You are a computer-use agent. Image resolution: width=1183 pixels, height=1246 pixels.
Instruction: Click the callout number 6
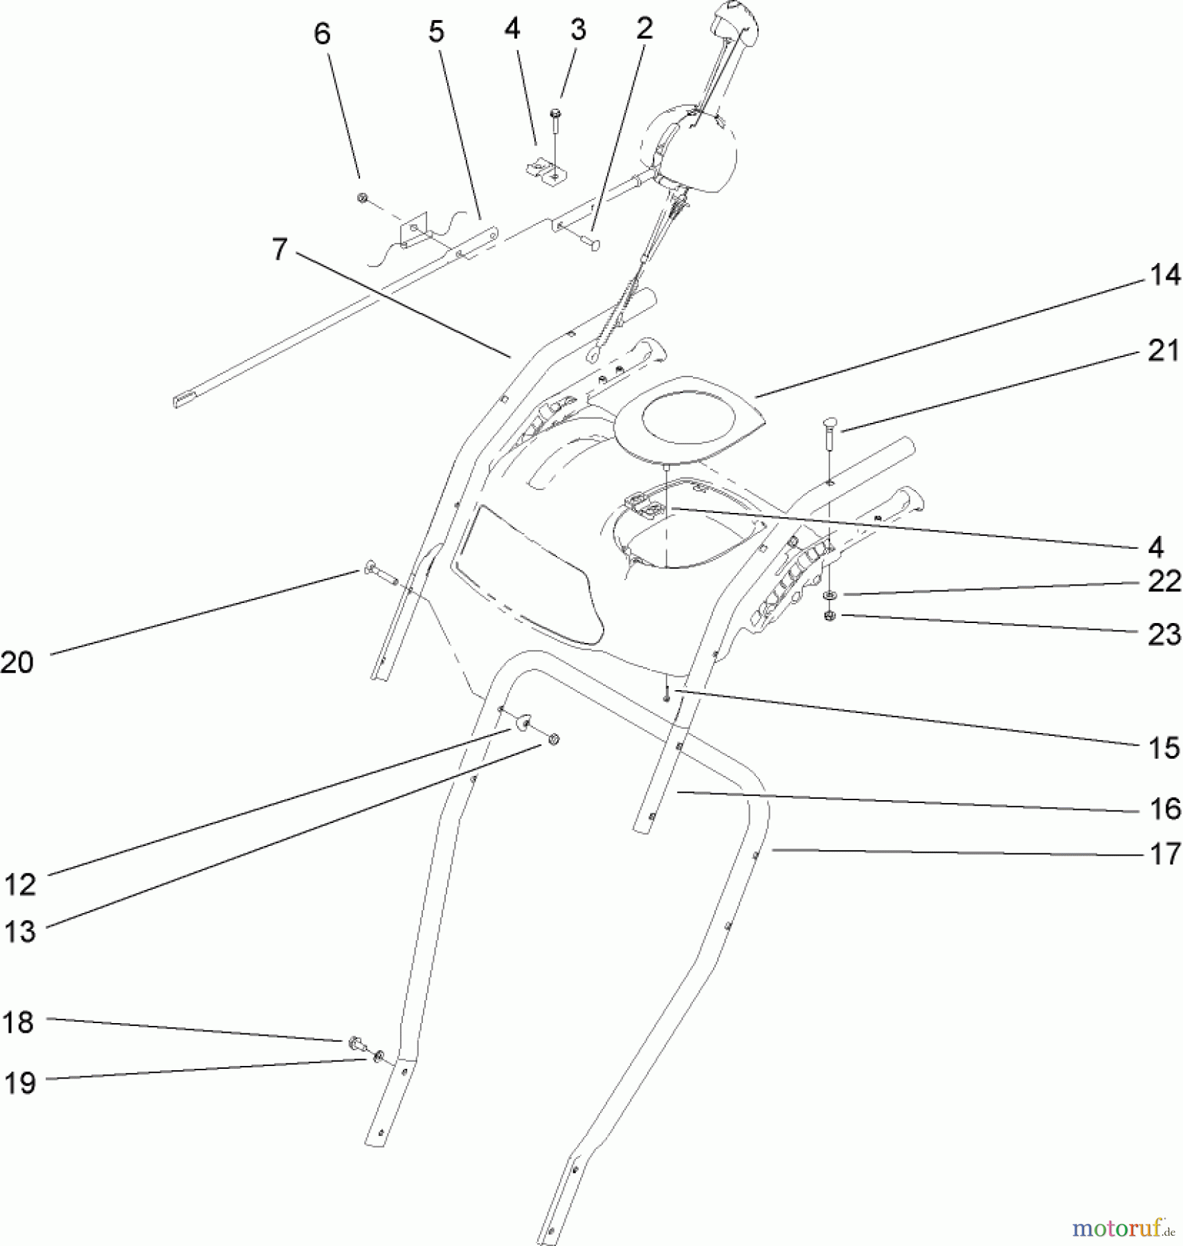click(x=322, y=33)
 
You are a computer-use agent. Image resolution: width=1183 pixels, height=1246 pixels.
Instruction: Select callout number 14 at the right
click(x=1164, y=276)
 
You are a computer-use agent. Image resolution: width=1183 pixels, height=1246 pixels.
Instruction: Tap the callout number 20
click(x=17, y=662)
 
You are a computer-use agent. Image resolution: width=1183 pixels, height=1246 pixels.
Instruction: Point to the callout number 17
click(x=1165, y=854)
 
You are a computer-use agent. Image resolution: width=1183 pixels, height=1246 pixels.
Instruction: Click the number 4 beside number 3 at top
click(x=512, y=29)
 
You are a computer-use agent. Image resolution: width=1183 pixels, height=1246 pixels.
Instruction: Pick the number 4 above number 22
click(x=1155, y=548)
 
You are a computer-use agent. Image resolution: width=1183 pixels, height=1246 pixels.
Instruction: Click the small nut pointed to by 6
click(x=361, y=199)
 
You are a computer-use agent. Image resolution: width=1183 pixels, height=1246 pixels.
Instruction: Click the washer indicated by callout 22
click(x=830, y=595)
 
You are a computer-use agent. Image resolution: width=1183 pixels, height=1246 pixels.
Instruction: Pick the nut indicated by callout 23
click(x=830, y=615)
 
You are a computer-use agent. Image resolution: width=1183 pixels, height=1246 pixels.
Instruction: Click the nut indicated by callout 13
click(x=553, y=740)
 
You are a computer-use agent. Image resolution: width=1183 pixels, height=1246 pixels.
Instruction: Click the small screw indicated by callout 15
click(x=666, y=694)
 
